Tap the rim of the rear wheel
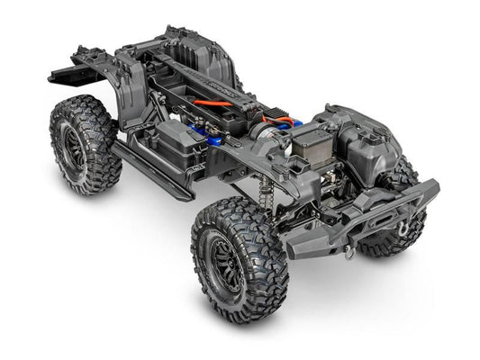click(70, 148)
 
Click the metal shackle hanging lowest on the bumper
click(348, 253)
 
